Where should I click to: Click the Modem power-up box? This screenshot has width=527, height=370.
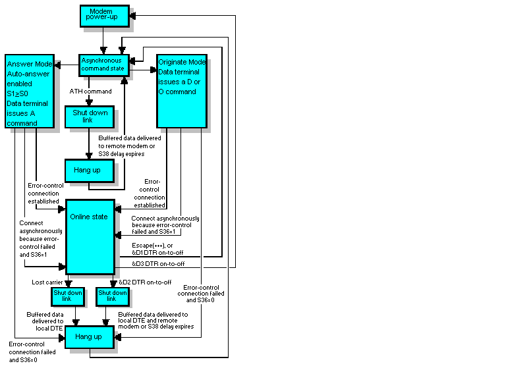pos(102,16)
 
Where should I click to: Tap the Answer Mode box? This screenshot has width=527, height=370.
pos(29,90)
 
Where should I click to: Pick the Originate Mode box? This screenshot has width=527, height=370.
pos(182,90)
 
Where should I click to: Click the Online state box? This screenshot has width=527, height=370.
pos(90,236)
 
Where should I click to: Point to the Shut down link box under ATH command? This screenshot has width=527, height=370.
pos(89,116)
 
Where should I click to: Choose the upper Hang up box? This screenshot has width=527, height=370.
pos(89,170)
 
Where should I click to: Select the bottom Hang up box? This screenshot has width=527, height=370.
pos(89,336)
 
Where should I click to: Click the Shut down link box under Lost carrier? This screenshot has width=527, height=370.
pos(67,296)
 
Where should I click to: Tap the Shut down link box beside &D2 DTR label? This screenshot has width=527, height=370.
pos(112,296)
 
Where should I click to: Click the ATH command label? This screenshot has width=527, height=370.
pos(90,91)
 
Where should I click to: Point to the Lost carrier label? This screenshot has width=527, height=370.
pos(47,282)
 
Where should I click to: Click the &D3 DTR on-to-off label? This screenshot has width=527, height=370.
pos(158,263)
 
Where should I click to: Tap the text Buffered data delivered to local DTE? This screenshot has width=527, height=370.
pos(45,321)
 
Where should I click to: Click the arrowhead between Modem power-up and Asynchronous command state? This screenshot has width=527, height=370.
pos(103,50)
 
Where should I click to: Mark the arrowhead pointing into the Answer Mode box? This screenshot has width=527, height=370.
pos(58,65)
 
